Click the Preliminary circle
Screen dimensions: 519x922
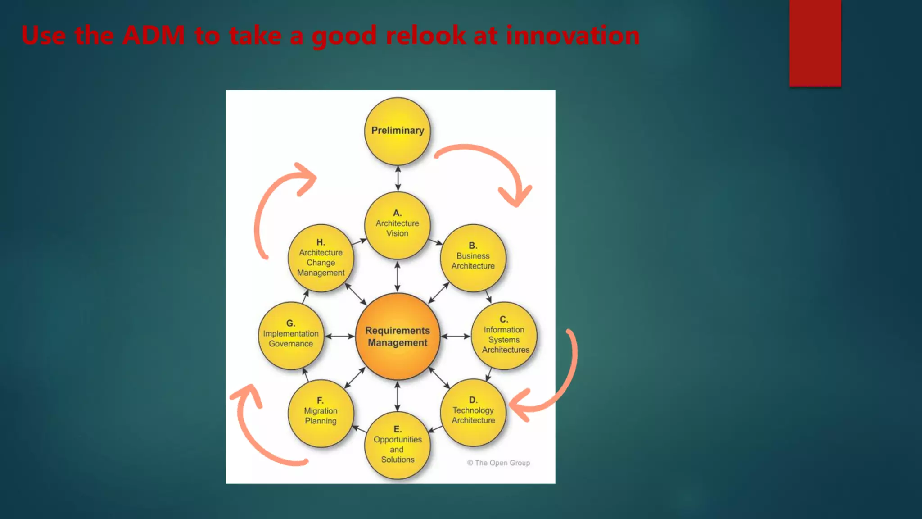click(397, 131)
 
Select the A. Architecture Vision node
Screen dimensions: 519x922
click(397, 225)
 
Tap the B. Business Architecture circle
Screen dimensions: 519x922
click(473, 258)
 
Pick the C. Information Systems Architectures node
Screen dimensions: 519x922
click(504, 336)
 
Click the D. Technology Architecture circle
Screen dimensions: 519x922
click(473, 412)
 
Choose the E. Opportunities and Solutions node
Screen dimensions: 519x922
click(397, 445)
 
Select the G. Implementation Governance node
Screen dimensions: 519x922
click(291, 336)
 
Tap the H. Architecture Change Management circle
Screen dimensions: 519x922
click(321, 258)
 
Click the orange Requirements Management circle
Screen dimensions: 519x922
click(397, 336)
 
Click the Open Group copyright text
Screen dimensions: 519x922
click(498, 463)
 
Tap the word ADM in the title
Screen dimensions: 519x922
click(153, 35)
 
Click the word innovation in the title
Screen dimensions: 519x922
click(572, 35)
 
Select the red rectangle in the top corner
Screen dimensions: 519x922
click(815, 43)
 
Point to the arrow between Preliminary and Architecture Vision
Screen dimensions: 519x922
click(398, 178)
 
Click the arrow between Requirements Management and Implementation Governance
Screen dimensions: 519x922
click(339, 336)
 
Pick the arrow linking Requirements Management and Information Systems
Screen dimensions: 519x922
click(455, 336)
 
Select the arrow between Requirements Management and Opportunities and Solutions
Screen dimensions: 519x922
click(397, 396)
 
